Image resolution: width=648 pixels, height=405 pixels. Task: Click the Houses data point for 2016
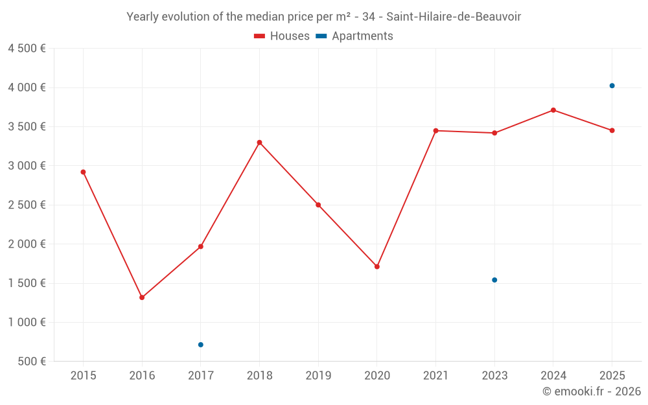(x=142, y=297)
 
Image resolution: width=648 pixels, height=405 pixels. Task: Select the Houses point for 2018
(x=259, y=143)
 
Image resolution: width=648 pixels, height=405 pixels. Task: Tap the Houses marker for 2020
(x=377, y=266)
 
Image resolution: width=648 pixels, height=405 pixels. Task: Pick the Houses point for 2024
(x=553, y=110)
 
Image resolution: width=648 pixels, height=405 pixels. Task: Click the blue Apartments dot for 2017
(x=201, y=345)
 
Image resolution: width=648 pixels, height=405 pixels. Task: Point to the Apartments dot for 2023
(x=494, y=280)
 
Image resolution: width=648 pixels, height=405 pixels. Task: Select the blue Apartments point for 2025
(x=612, y=86)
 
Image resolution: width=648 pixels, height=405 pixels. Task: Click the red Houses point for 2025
(x=612, y=130)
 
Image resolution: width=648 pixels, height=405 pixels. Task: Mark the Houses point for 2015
(x=83, y=172)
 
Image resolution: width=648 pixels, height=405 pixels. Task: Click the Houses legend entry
(x=282, y=36)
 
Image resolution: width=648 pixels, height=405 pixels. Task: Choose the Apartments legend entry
(x=354, y=36)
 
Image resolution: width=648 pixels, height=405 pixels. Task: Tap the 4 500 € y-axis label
(x=27, y=49)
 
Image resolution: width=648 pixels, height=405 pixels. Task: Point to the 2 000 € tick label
(x=27, y=244)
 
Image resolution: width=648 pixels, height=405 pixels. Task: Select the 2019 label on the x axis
(x=318, y=376)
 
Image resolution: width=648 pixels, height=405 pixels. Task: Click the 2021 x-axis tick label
(x=435, y=376)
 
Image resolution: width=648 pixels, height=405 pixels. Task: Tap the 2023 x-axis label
(x=494, y=376)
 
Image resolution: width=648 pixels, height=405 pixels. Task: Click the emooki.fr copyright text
(x=592, y=391)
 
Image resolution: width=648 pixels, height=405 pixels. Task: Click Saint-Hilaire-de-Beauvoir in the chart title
(x=454, y=17)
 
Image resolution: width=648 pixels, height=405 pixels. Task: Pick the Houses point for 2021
(x=435, y=131)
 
